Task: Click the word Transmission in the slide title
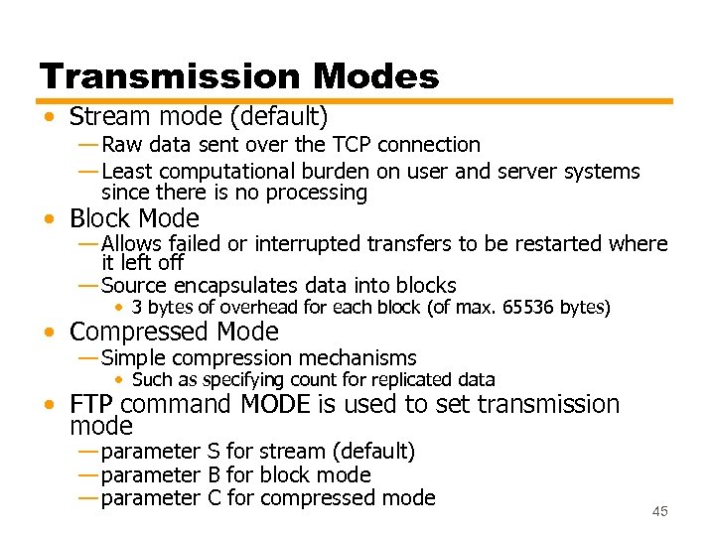coord(169,76)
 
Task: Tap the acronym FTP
coord(92,404)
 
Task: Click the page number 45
coord(660,511)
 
